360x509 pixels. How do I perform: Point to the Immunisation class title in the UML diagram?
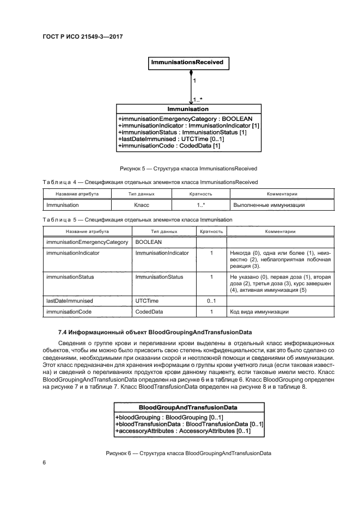coord(188,109)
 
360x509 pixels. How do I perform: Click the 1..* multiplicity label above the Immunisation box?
coord(197,100)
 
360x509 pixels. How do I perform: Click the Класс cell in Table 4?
coord(142,205)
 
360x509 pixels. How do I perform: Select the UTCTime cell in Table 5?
coord(147,301)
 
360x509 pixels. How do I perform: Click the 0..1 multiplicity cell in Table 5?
coord(211,301)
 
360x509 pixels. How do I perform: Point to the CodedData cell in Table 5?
coord(149,312)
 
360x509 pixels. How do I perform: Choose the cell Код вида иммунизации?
coord(258,312)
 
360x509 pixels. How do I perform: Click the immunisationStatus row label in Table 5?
coord(70,277)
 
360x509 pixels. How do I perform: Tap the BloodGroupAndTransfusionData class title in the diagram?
coord(188,407)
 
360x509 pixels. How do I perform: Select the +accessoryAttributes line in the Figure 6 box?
coord(183,431)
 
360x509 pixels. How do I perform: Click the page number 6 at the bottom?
coord(44,462)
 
